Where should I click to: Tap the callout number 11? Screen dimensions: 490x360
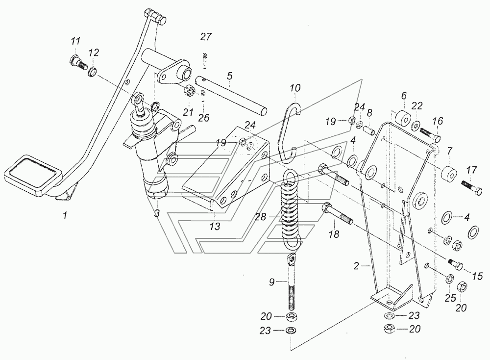point(75,41)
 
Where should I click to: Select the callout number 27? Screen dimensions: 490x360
point(206,37)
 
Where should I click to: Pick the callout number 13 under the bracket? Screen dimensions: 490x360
point(215,226)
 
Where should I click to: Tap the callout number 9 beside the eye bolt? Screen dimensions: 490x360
point(271,282)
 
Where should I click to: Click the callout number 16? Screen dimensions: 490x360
point(438,121)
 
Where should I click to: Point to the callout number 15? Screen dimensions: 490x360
point(477,276)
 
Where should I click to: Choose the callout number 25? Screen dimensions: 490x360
point(450,298)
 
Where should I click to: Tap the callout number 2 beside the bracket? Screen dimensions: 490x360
point(356,266)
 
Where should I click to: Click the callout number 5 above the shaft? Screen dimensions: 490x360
point(230,76)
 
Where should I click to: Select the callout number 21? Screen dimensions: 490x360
point(188,112)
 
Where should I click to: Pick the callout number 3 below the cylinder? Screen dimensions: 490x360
point(157,213)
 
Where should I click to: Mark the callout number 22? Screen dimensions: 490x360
point(416,106)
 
